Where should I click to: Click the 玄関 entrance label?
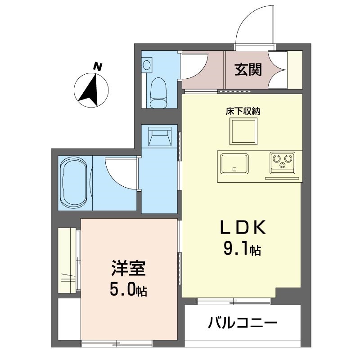point(248,70)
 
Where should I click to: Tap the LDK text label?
point(243,227)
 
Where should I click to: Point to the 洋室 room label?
point(128,268)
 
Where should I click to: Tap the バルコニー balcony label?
point(243,323)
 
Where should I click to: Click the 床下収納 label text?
point(243,112)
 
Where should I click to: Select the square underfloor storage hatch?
point(243,131)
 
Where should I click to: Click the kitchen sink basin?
point(234,164)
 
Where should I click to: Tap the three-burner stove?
point(283,162)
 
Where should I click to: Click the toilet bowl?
point(158,93)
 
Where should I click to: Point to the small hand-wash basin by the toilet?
point(147,65)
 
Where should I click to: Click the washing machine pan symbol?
point(160,136)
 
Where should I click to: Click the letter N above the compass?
point(98,67)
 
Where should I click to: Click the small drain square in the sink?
point(234,170)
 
